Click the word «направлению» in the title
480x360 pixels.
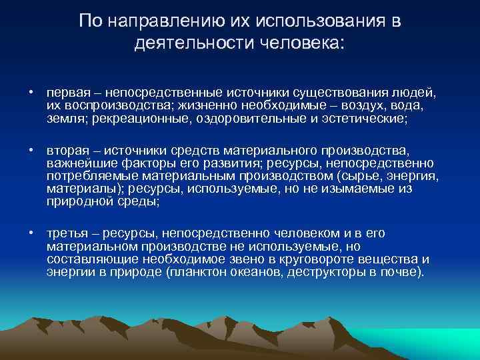pyautogui.click(x=157, y=21)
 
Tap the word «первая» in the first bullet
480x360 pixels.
pyautogui.click(x=65, y=91)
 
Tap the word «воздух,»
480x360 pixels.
pyautogui.click(x=367, y=105)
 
